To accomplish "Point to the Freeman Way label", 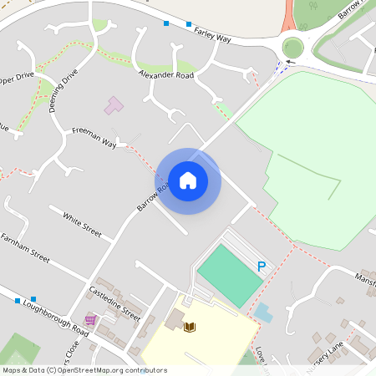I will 94,137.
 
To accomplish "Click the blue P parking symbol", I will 262,267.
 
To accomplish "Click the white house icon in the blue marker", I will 188,180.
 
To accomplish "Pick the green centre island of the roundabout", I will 293,47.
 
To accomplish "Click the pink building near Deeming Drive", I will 113,106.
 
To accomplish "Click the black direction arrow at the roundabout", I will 290,61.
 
